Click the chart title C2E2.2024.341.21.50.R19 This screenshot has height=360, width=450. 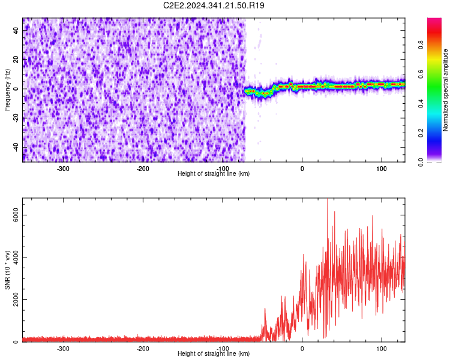[214, 5]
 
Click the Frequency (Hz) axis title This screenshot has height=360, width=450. [7, 90]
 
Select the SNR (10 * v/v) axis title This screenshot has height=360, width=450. [7, 270]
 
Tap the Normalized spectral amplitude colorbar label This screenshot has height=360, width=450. [446, 90]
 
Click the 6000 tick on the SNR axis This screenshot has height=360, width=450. [12, 215]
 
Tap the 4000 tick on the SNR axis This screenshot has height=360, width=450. [12, 257]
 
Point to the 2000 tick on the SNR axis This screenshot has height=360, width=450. [12, 300]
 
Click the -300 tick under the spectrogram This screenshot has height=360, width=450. [64, 168]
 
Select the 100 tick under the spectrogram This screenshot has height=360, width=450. [381, 168]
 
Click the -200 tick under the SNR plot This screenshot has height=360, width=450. [143, 348]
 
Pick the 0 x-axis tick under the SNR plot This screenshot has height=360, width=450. [302, 348]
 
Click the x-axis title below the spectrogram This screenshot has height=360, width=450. [214, 173]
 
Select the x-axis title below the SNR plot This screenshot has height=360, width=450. [214, 353]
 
